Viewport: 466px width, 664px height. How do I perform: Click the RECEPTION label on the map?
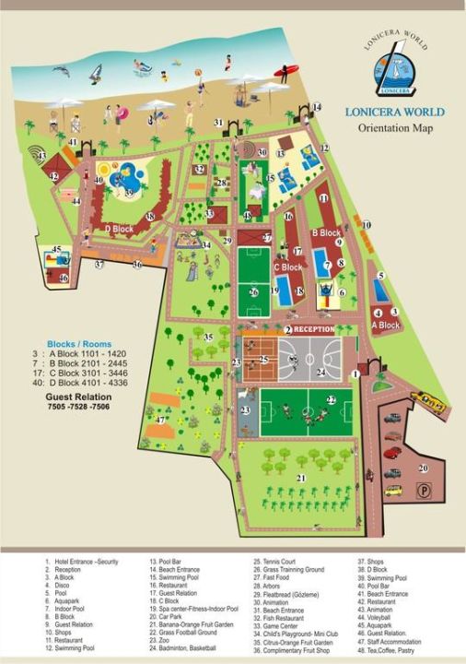coord(315,329)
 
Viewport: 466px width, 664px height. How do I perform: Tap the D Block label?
coord(120,228)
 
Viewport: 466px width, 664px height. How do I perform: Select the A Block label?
coord(385,326)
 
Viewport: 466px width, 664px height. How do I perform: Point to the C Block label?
coord(287,267)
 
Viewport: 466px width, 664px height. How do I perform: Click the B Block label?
coord(326,233)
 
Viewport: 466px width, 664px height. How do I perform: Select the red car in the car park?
coord(393,453)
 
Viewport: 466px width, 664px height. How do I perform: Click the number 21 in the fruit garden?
coord(300,477)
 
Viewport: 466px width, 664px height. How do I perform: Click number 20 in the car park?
coord(423,468)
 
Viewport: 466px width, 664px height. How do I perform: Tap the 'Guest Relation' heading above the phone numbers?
coord(78,394)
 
